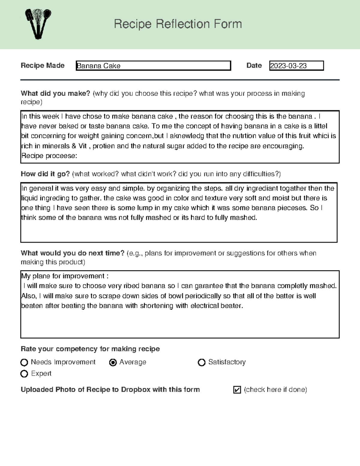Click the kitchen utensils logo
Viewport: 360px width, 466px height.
tap(38, 24)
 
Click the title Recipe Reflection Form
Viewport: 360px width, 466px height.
tap(178, 24)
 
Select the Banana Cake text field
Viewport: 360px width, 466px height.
tap(153, 66)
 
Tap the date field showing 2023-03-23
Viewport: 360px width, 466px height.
tap(296, 66)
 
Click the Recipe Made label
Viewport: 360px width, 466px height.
tap(43, 65)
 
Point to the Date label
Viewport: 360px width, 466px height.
tap(254, 65)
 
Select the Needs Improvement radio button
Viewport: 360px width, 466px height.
tap(24, 362)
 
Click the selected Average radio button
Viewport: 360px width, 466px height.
tap(113, 362)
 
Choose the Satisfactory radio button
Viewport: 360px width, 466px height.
tap(202, 362)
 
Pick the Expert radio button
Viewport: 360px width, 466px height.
tap(24, 374)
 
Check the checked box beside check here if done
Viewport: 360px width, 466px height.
tap(237, 390)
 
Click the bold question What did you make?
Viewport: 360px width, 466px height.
tap(55, 93)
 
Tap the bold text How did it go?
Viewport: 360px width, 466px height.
tap(45, 174)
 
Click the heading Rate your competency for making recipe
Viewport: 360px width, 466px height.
tap(90, 349)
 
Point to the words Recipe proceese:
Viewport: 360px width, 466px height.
tap(49, 156)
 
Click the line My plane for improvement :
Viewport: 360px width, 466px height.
tap(64, 276)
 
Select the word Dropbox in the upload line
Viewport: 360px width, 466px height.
tap(135, 389)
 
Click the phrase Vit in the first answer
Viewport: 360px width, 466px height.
tap(82, 146)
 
